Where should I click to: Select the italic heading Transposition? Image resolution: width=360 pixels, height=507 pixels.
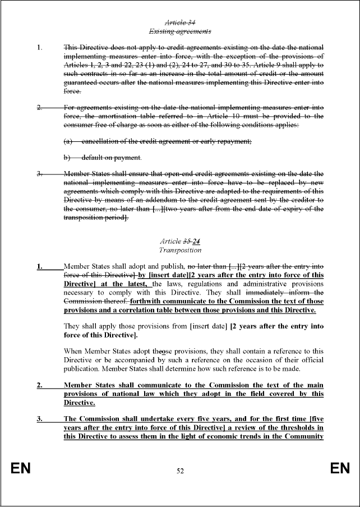pyautogui.click(x=180, y=250)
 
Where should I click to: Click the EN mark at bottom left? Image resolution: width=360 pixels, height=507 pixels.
pyautogui.click(x=21, y=469)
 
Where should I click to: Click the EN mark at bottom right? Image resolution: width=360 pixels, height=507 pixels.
pyautogui.click(x=339, y=469)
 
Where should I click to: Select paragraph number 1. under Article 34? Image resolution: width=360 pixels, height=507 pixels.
pyautogui.click(x=39, y=47)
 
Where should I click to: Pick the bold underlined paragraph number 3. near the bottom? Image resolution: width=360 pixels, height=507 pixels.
pyautogui.click(x=39, y=418)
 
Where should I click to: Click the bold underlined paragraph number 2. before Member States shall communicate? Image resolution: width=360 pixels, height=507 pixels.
pyautogui.click(x=39, y=385)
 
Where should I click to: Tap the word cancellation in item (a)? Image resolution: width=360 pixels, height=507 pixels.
pyautogui.click(x=101, y=142)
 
